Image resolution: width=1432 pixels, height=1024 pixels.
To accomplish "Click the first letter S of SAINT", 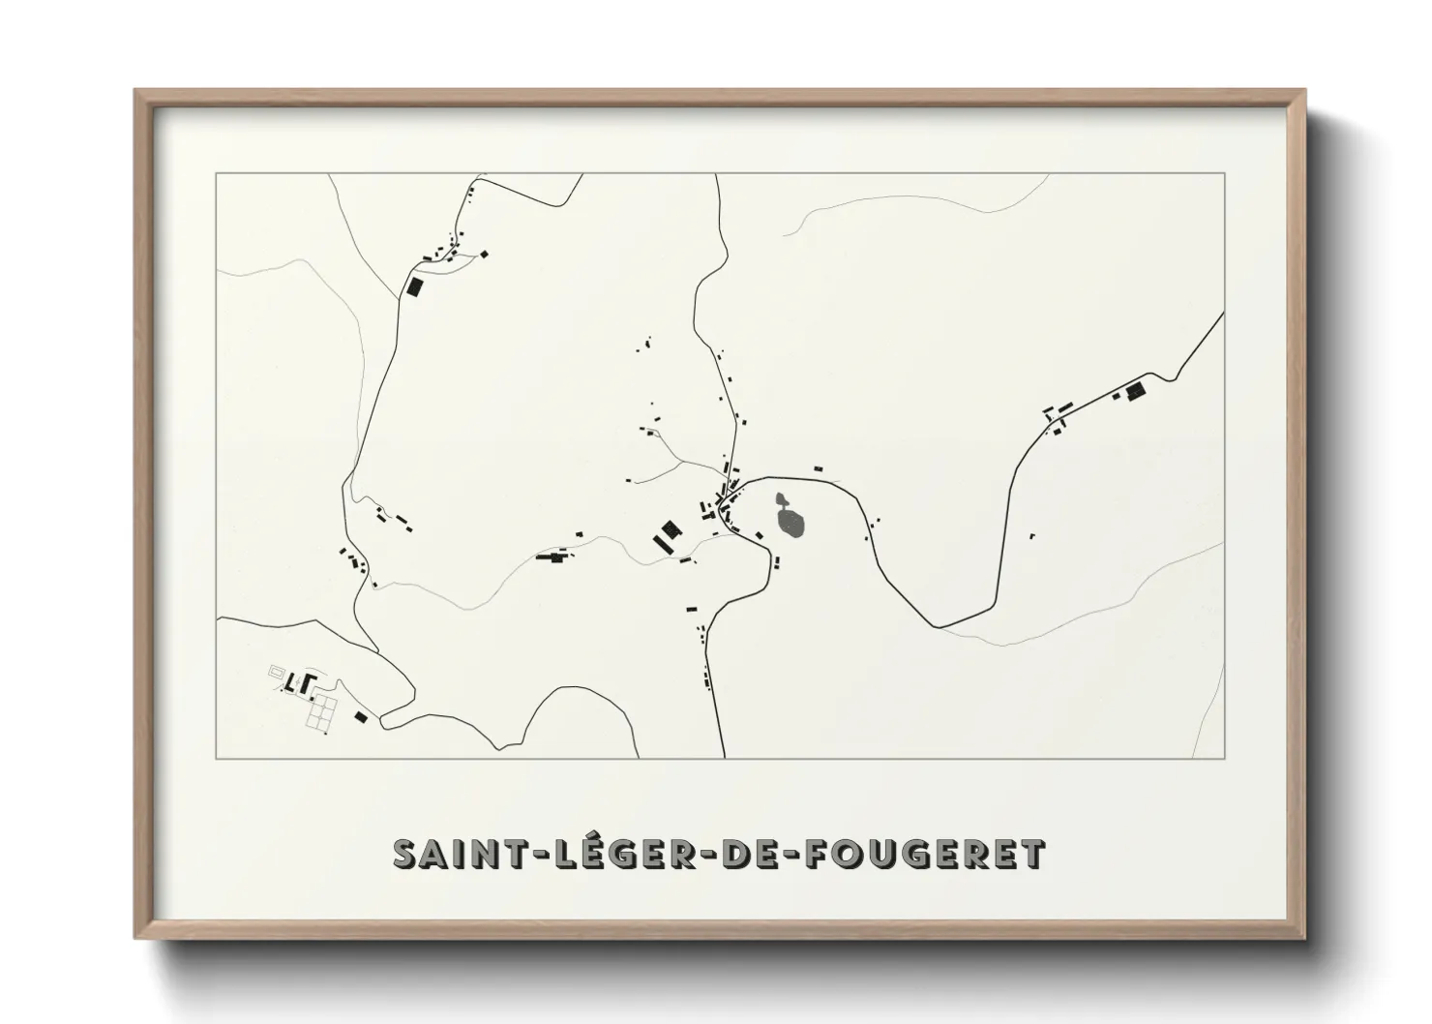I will [405, 854].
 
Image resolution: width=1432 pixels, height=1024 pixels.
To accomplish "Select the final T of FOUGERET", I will [1032, 854].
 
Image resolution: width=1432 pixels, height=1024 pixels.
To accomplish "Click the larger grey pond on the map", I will [791, 524].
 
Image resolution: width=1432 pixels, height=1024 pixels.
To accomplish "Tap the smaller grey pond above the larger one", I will [782, 500].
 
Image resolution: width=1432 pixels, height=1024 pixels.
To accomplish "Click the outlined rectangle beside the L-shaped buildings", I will [278, 670].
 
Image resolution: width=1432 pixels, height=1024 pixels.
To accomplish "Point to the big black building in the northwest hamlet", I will [415, 286].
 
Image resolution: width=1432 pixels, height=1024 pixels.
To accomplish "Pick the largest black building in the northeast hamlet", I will [1135, 390].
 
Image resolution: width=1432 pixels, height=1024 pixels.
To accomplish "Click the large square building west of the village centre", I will [669, 530].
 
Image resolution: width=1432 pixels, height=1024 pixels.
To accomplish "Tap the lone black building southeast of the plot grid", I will [361, 716].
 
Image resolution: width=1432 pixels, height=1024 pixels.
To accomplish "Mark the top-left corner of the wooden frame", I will [135, 91].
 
